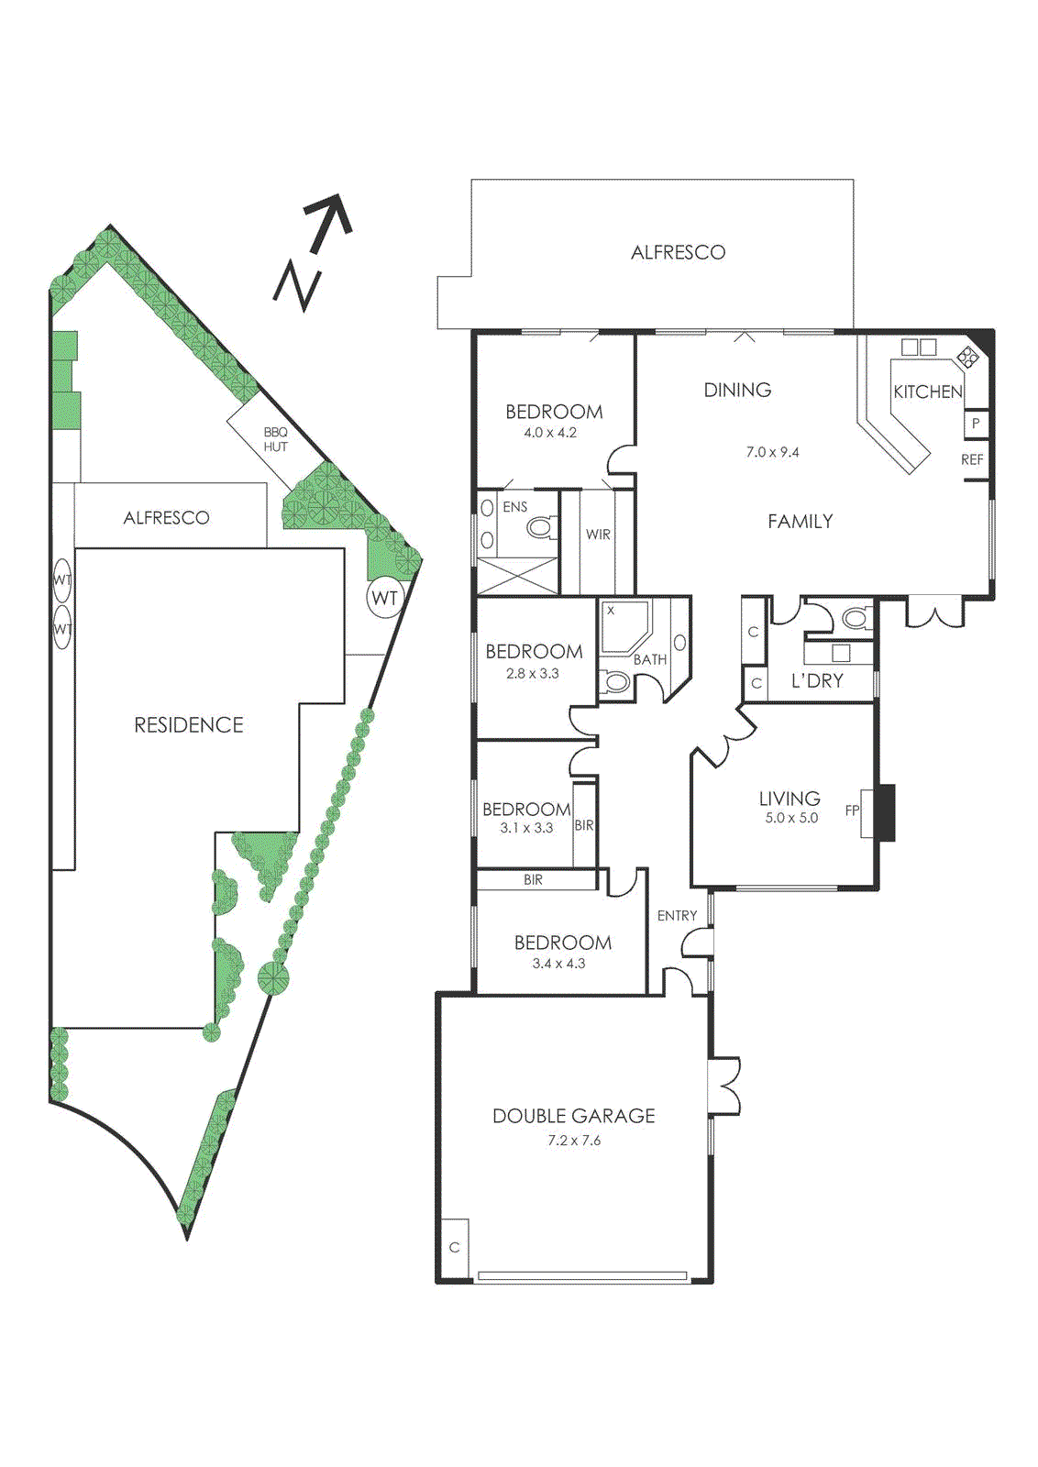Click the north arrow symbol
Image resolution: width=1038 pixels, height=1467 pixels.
coord(314,251)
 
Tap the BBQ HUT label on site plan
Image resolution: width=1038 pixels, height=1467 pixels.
coord(275,439)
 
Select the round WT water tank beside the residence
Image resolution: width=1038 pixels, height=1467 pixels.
coord(385,599)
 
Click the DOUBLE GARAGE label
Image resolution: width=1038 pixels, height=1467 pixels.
coord(574,1116)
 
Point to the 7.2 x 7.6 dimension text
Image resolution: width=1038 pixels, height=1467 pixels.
coord(574,1141)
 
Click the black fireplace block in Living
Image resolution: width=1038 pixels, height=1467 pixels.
coord(884,812)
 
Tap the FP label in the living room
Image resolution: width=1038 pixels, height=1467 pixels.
coord(852,811)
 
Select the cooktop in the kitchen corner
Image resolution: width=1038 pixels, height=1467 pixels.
coord(967,356)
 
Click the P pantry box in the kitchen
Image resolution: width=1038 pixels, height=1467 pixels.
coord(976,424)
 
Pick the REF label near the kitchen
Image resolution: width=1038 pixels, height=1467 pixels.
coord(972,459)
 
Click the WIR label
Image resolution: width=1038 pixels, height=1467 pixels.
coord(598,535)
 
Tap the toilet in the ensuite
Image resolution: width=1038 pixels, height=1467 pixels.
coord(541,527)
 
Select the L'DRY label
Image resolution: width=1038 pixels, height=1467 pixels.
coord(817,681)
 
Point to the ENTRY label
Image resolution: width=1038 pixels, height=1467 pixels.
coord(677,915)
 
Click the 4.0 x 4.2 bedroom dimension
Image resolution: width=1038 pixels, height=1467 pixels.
coord(550,433)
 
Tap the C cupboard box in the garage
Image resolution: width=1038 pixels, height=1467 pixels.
coord(454,1247)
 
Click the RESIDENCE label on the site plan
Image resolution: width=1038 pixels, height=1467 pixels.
coord(189,725)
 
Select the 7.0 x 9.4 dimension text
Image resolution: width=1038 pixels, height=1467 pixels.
coord(772,452)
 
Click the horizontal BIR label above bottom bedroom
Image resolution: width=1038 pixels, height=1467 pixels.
coord(533,879)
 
